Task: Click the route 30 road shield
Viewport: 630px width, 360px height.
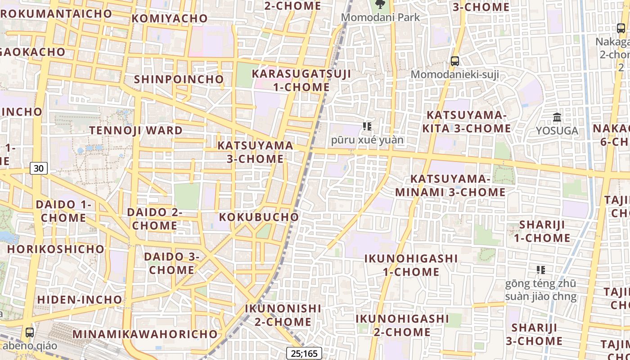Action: (39, 168)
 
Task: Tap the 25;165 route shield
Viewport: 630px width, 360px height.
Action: (304, 353)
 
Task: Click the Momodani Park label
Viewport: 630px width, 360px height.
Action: (380, 18)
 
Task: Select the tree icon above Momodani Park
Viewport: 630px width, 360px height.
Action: (380, 4)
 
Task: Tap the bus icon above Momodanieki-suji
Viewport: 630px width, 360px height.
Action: (455, 61)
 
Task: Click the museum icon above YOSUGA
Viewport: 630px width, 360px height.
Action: (557, 117)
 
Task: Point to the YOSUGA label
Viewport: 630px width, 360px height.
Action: (557, 131)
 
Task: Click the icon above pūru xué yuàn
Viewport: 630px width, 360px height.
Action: (367, 126)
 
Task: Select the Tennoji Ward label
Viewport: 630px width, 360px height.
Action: (136, 130)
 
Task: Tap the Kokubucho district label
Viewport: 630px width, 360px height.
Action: (259, 217)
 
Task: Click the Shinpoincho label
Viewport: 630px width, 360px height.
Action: (179, 79)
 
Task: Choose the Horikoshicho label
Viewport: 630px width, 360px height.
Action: (56, 249)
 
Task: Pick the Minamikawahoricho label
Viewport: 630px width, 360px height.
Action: (145, 334)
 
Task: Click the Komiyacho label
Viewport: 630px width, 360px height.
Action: (170, 18)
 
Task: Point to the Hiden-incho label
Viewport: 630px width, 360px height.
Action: (80, 300)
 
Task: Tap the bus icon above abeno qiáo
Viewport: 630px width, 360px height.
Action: (30, 333)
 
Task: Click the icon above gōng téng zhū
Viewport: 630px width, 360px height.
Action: (541, 270)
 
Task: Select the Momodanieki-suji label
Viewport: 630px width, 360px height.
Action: (455, 74)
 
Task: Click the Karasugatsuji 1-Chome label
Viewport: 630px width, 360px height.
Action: (301, 80)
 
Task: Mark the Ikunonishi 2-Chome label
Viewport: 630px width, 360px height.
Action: (283, 315)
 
